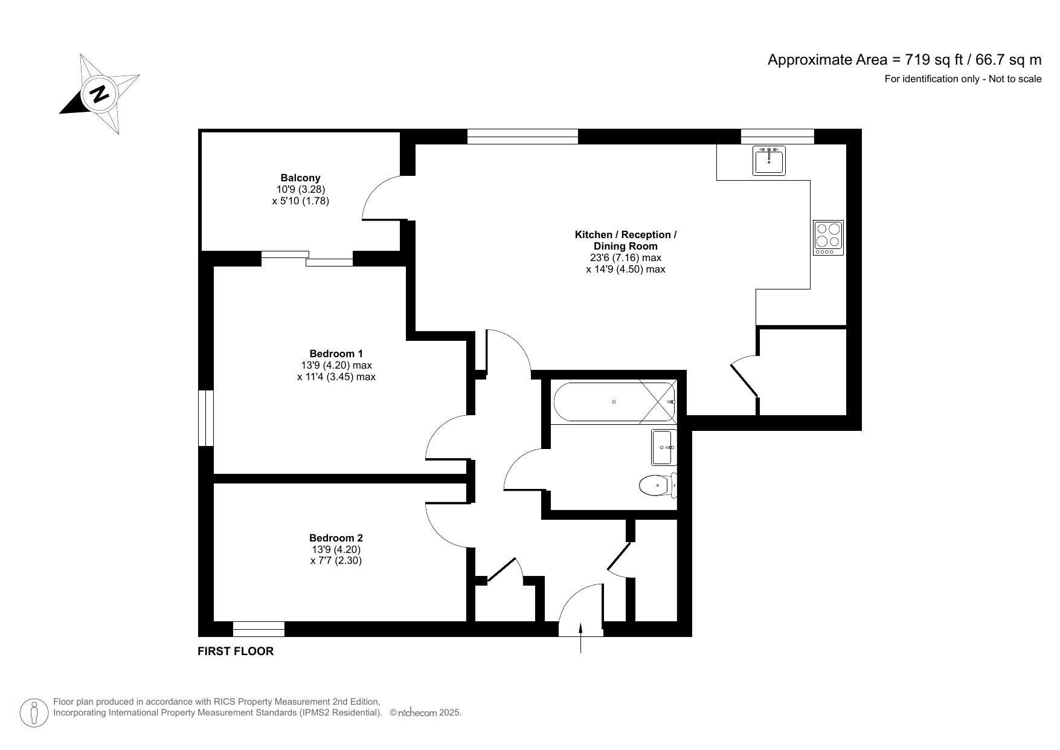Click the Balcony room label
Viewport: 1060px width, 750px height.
300,178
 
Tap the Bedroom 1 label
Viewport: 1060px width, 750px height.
336,354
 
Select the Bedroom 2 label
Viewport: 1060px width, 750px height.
336,538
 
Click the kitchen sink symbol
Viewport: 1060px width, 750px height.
769,160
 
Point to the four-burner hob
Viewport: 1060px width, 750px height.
827,238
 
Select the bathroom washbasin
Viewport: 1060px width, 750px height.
663,447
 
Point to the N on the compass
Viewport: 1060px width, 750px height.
99,94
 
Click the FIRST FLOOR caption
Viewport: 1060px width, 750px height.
236,651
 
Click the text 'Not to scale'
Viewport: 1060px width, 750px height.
1015,79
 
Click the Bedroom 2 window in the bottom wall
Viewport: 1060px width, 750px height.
259,629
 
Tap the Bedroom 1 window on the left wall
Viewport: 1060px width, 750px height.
206,418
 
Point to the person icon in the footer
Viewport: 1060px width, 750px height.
34,713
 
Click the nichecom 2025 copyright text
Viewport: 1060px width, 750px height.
426,713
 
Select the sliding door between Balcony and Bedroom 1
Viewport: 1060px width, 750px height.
307,258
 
